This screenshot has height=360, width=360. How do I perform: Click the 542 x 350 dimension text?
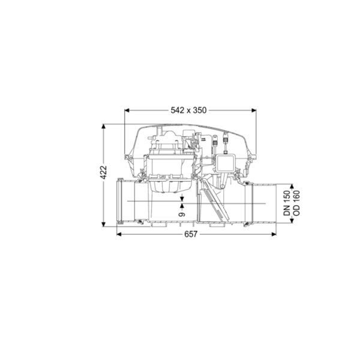click(x=188, y=110)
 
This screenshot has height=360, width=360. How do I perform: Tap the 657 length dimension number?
click(x=191, y=234)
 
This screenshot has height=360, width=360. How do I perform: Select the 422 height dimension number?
click(x=104, y=172)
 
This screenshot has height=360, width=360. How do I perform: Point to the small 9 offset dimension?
click(x=182, y=214)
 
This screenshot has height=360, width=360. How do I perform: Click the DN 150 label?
click(x=287, y=203)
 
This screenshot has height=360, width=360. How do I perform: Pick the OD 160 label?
click(x=296, y=203)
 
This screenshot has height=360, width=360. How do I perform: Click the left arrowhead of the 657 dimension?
click(x=119, y=234)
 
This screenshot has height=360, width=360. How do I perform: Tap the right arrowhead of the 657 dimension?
click(x=274, y=234)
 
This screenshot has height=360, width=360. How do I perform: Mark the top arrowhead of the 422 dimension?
click(x=104, y=127)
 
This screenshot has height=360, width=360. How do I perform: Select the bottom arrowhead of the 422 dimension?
click(x=104, y=224)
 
